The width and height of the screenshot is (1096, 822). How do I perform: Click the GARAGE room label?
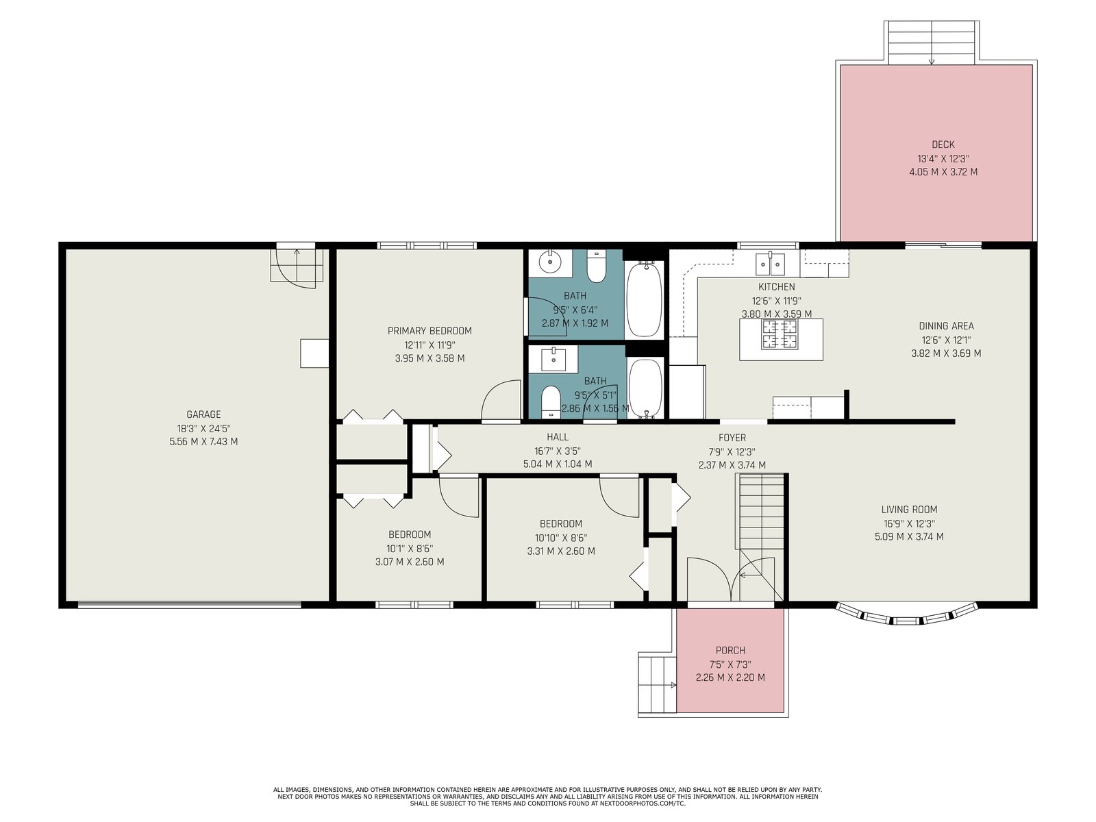click(203, 414)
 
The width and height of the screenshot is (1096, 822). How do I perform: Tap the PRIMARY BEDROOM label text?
click(429, 331)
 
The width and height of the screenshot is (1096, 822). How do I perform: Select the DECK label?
click(943, 145)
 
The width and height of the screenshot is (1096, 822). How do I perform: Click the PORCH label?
click(730, 650)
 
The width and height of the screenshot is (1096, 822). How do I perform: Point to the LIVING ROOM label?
click(909, 510)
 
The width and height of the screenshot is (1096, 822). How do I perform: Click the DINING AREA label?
click(946, 326)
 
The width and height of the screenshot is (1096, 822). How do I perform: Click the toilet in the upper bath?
click(596, 266)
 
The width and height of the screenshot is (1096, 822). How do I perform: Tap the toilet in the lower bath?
click(551, 401)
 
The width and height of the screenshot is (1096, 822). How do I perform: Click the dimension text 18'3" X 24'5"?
click(203, 428)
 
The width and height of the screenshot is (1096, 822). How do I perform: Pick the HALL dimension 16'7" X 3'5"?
click(557, 451)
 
